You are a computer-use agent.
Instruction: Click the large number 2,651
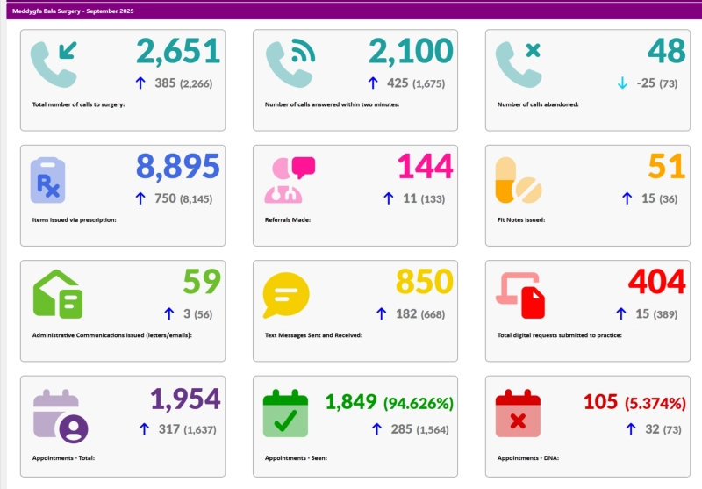(x=177, y=52)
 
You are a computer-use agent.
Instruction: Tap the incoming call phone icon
(x=54, y=62)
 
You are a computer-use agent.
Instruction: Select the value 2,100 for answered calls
(x=411, y=52)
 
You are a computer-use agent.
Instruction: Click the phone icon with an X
(x=519, y=62)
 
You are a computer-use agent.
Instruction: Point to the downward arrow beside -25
(x=622, y=83)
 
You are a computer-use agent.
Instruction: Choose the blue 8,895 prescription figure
(x=177, y=167)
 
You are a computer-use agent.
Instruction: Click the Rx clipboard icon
(x=48, y=179)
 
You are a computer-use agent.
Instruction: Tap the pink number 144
(x=425, y=167)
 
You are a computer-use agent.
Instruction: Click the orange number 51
(x=666, y=167)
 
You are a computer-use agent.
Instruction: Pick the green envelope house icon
(x=58, y=293)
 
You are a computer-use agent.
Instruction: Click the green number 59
(x=202, y=282)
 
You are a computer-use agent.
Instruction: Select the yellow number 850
(x=424, y=282)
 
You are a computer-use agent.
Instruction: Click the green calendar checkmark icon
(x=285, y=413)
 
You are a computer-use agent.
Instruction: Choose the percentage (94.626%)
(x=418, y=403)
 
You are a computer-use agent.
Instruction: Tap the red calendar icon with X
(x=518, y=413)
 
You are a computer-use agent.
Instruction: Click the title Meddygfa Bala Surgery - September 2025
(x=75, y=10)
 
